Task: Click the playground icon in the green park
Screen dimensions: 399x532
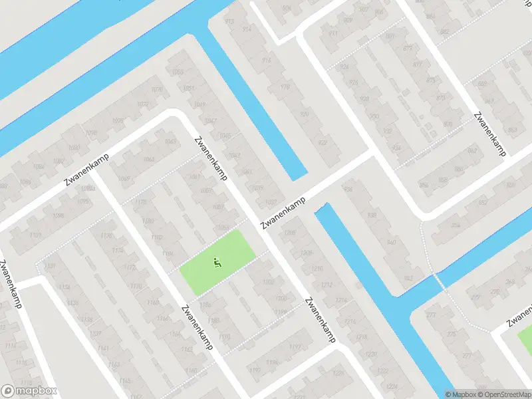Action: click(217, 264)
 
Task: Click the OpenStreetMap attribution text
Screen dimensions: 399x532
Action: click(505, 394)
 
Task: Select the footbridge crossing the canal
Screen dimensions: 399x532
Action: click(439, 280)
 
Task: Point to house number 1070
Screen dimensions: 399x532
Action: click(158, 90)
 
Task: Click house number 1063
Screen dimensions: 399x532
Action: click(171, 142)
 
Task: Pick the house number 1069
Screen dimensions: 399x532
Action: click(124, 178)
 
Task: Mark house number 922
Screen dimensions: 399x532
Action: click(324, 143)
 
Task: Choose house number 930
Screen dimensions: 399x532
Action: click(374, 116)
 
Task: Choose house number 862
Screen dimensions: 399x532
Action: click(472, 151)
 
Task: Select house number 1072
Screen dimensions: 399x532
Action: click(143, 104)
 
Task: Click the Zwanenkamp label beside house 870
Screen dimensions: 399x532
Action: click(490, 133)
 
